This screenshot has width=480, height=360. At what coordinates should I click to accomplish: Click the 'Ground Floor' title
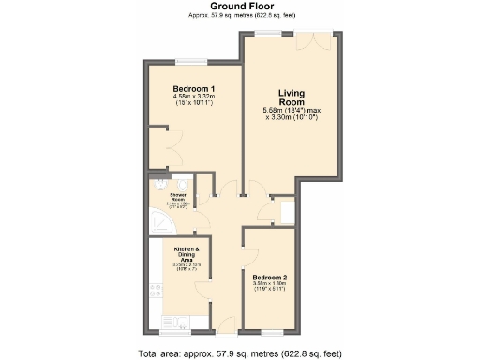(x=240, y=7)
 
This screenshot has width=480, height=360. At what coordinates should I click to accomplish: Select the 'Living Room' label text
(x=293, y=98)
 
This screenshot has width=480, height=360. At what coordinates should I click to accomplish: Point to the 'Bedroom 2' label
(x=270, y=277)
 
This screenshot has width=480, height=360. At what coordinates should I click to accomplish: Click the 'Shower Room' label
(x=177, y=200)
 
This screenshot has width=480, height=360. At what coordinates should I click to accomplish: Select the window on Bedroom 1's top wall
(x=188, y=63)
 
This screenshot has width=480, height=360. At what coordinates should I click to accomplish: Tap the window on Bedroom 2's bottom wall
(x=272, y=332)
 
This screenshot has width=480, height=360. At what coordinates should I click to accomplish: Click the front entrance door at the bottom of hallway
(x=226, y=325)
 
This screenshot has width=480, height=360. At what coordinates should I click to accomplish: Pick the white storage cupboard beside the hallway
(x=283, y=211)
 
